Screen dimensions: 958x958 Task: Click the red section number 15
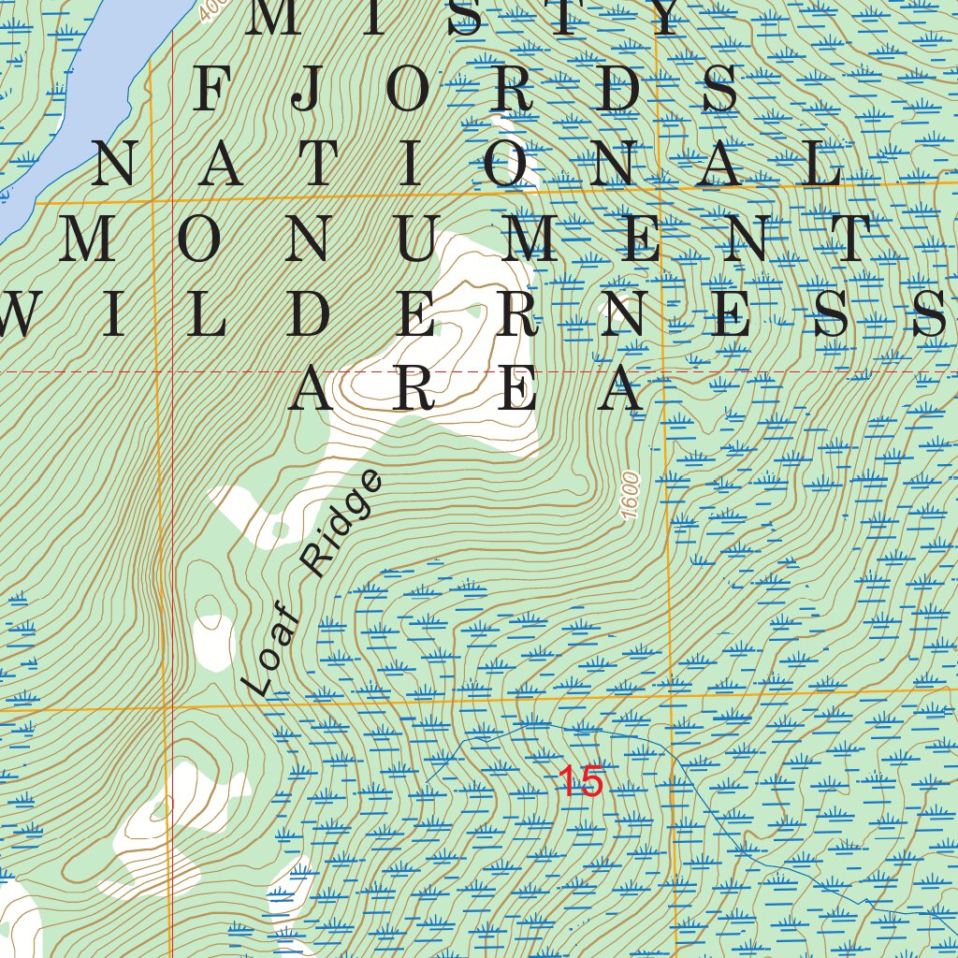(581, 782)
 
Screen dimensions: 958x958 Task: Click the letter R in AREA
(413, 389)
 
